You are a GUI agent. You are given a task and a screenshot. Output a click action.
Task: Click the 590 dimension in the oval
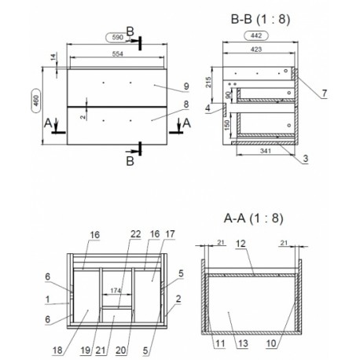[x=118, y=37]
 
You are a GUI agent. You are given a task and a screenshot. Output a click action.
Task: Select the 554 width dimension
[x=118, y=53]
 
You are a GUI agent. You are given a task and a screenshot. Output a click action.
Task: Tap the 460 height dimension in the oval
[x=36, y=101]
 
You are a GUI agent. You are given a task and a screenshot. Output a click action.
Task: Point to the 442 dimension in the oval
[x=256, y=35]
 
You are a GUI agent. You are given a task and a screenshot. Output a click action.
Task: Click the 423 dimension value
[x=256, y=50]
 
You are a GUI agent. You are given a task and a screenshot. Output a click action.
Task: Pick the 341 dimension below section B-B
[x=266, y=151]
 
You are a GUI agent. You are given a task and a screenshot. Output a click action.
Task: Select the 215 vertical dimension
[x=208, y=83]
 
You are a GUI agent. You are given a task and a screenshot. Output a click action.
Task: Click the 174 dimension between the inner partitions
[x=116, y=291]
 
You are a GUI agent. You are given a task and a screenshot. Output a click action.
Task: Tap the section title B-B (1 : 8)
[x=260, y=19]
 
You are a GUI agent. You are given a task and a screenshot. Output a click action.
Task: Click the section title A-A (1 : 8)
[x=254, y=218]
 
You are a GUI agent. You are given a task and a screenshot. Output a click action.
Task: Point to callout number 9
[x=186, y=86]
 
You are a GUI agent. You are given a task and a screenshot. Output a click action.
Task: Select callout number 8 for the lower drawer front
[x=186, y=105]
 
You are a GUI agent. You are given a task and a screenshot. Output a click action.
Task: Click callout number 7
[x=325, y=93]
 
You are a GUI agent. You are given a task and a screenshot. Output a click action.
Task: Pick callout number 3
[x=306, y=159]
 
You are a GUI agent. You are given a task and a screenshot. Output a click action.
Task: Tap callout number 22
[x=135, y=234]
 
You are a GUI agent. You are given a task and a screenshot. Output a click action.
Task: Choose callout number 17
[x=170, y=234]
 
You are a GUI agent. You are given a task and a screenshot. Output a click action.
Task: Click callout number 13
[x=243, y=343]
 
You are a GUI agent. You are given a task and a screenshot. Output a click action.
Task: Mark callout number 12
[x=241, y=244]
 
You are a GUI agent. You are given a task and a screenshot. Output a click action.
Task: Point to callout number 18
[x=57, y=350]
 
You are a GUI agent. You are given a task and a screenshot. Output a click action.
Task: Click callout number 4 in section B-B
[x=208, y=108]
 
